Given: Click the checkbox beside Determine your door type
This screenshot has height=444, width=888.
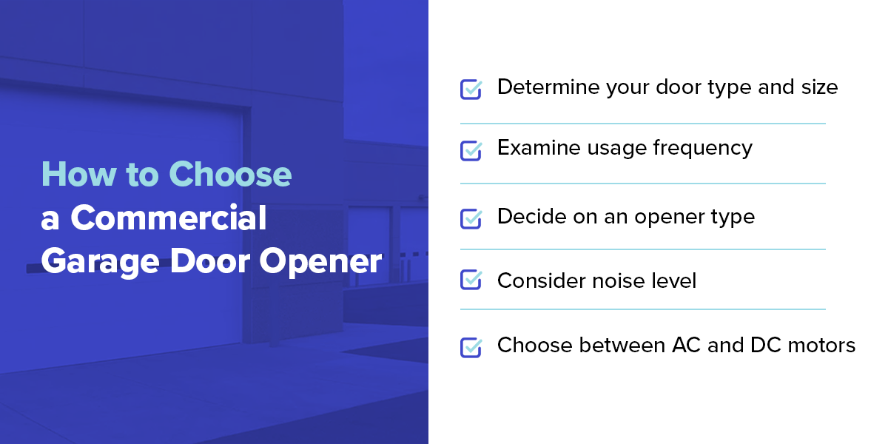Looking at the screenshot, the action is pyautogui.click(x=471, y=90).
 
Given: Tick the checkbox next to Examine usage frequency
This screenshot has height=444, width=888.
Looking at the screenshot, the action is pyautogui.click(x=471, y=151).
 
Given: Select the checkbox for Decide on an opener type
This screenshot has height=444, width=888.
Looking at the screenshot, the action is pyautogui.click(x=471, y=218).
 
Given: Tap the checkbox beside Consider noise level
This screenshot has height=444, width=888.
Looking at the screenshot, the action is pyautogui.click(x=471, y=280).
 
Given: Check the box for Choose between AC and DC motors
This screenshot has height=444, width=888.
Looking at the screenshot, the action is pyautogui.click(x=471, y=347).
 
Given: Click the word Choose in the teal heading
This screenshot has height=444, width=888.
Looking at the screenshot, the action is pyautogui.click(x=230, y=174).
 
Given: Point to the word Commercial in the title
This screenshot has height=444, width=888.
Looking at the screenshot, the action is pyautogui.click(x=169, y=218).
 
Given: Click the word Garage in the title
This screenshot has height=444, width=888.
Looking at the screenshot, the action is pyautogui.click(x=100, y=262).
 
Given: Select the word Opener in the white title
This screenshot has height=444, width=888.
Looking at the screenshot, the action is pyautogui.click(x=320, y=262).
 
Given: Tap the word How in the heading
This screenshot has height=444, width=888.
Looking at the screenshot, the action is pyautogui.click(x=79, y=174).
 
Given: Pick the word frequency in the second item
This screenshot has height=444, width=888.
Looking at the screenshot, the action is pyautogui.click(x=702, y=148).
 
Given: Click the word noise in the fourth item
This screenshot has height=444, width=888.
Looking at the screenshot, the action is pyautogui.click(x=614, y=280).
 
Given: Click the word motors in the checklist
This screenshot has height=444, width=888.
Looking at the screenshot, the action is pyautogui.click(x=821, y=346).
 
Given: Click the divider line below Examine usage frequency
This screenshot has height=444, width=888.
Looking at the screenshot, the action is pyautogui.click(x=642, y=184).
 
